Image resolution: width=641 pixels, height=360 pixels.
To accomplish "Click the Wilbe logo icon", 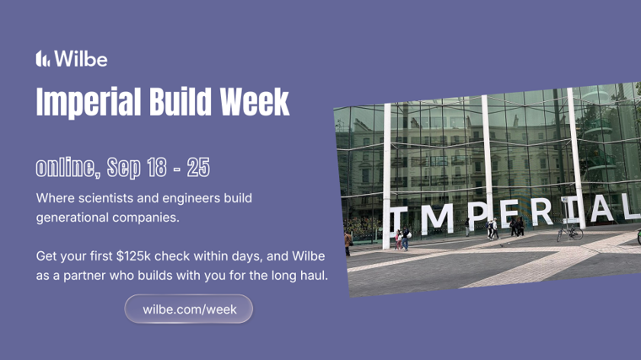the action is pos(43,58).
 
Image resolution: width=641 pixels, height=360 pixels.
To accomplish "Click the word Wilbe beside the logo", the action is pos(81,58).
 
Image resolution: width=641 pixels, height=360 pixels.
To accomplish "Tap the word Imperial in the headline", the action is pos(89,102).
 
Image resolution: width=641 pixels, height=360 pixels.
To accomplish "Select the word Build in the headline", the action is pos(181,101).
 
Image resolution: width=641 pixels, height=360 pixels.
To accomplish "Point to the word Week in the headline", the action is pos(255,101).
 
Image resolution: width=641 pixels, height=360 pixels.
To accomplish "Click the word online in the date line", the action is pos(67,167).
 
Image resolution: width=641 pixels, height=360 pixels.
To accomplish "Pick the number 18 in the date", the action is pos(157,167).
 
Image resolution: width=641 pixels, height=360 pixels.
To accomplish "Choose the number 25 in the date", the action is pos(198,167).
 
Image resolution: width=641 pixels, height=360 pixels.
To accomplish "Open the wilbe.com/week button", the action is pos(189,309).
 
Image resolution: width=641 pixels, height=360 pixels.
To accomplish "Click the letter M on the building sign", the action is pos(437,218).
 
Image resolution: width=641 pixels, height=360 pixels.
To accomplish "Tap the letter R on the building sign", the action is pos(542,211).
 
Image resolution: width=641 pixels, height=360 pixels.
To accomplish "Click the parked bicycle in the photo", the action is pos(569,233).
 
